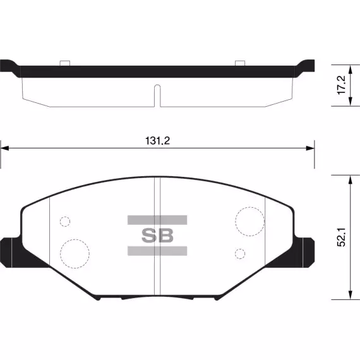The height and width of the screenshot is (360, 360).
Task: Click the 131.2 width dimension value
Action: coord(157,140)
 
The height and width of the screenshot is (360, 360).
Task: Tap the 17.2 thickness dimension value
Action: coord(342,85)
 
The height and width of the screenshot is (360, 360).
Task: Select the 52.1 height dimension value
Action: coord(342,237)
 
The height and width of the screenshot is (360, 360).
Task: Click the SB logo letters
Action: coord(157,236)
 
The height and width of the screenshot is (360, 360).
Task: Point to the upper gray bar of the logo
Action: coord(157,220)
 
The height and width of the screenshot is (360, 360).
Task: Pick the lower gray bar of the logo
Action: coord(157,251)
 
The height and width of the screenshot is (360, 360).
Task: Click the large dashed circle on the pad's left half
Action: coord(75,239)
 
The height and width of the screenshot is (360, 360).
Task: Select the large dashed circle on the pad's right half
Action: coord(250,207)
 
